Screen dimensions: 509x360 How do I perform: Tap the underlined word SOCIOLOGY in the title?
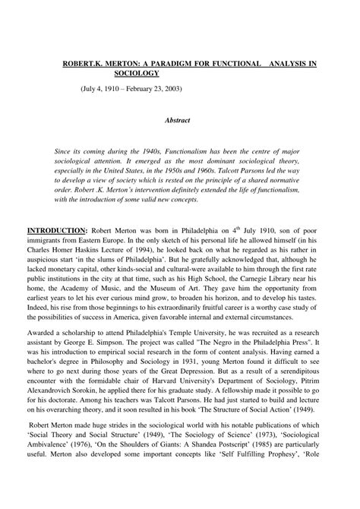point(137,74)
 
